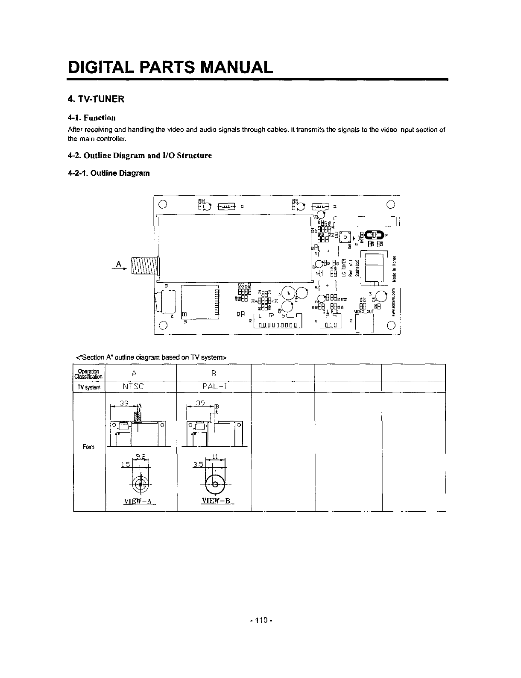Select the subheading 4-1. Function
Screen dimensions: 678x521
click(x=92, y=118)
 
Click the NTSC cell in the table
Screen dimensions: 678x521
click(x=133, y=386)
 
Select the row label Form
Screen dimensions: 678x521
click(x=89, y=447)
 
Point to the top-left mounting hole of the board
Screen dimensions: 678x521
click(x=162, y=203)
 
